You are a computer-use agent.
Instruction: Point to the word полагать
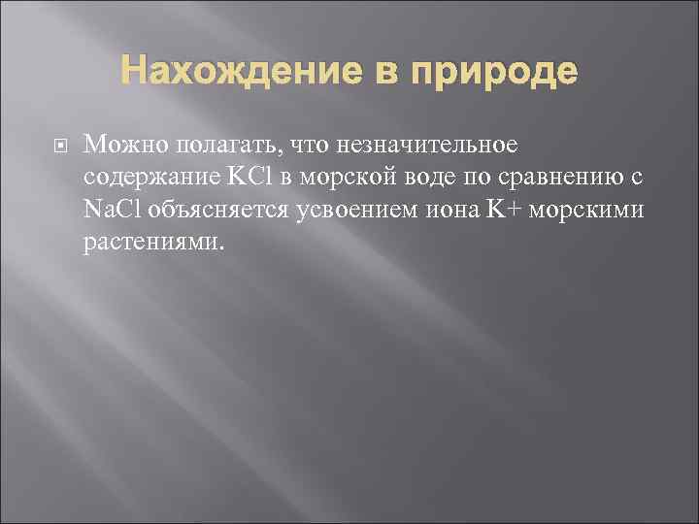pyautogui.click(x=222, y=145)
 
